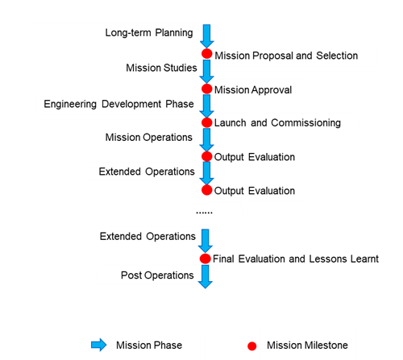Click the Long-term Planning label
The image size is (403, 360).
[x=149, y=33]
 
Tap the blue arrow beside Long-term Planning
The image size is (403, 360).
[x=206, y=36]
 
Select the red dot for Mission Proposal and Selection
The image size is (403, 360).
[x=207, y=54]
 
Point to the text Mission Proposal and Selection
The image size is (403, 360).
[x=286, y=56]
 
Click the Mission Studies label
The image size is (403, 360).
[x=161, y=68]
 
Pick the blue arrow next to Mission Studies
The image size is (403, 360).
[x=206, y=72]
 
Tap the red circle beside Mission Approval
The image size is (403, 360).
[x=207, y=89]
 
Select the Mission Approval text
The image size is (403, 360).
[x=253, y=90]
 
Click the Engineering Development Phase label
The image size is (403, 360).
[x=118, y=104]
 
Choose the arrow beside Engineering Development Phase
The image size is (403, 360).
[x=206, y=106]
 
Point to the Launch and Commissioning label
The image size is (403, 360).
[x=277, y=123]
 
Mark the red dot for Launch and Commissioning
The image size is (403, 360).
[x=207, y=122]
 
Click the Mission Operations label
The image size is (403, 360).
[x=149, y=138]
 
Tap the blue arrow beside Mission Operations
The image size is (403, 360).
[x=206, y=140]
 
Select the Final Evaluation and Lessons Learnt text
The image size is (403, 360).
[x=296, y=259]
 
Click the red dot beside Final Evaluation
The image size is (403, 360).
[x=206, y=259]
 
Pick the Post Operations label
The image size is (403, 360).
[x=157, y=275]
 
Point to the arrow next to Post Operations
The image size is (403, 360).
[x=206, y=277]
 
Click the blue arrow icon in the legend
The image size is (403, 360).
[x=99, y=345]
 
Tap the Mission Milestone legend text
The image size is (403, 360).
[x=307, y=346]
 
